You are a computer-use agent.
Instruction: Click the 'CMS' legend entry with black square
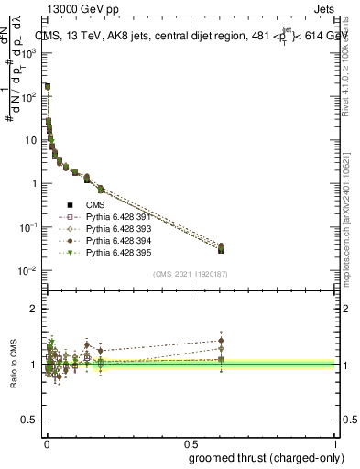click(96, 204)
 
